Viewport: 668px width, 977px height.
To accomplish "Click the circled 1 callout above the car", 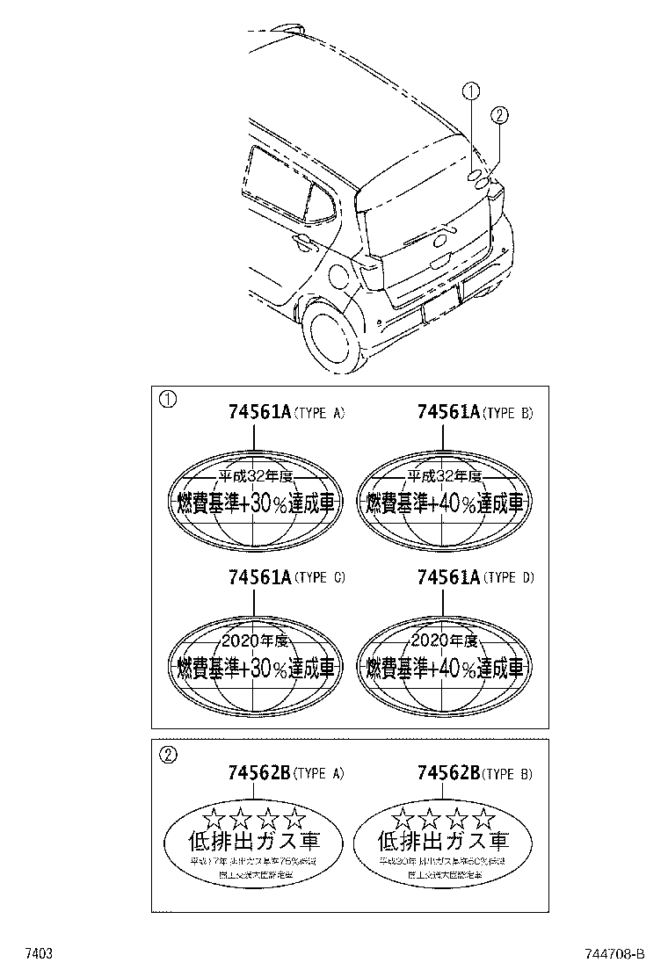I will (x=472, y=91).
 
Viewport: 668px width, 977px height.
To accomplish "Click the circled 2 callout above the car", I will (x=497, y=115).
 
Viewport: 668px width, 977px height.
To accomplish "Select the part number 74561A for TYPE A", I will (x=258, y=412).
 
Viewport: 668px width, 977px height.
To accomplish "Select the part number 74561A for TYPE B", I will (x=447, y=412).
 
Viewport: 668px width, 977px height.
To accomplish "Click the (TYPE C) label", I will (x=319, y=578).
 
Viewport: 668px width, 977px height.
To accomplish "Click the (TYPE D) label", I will (x=508, y=578).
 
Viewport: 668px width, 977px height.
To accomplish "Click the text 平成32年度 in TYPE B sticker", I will (x=444, y=477).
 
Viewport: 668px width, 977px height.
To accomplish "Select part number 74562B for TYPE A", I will (x=258, y=773).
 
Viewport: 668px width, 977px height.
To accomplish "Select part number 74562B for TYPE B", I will (x=447, y=773).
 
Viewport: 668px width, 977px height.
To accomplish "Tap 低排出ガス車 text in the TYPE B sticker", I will (x=443, y=842).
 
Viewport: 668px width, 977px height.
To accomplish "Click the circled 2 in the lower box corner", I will (x=167, y=752).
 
